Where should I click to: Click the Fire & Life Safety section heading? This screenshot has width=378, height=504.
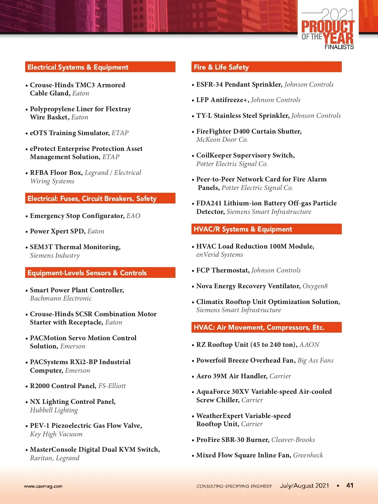(221, 67)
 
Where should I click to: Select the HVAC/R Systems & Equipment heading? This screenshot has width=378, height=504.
(243, 229)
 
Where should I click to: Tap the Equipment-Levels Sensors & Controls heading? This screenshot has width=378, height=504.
(87, 273)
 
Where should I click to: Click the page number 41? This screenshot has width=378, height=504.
(350, 485)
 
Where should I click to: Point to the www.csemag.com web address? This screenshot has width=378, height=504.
(43, 486)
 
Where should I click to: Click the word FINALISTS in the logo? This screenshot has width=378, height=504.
(339, 47)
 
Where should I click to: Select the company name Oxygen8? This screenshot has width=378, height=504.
(315, 286)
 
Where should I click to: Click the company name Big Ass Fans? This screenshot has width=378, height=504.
(315, 360)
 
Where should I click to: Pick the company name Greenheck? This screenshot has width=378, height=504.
(308, 455)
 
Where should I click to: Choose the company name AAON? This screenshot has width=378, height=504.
(309, 345)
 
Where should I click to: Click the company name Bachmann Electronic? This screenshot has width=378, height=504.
(61, 298)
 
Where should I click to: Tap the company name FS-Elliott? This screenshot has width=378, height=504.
(112, 386)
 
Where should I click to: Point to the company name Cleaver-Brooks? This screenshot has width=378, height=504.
(293, 440)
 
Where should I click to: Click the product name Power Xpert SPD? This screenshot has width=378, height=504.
(57, 231)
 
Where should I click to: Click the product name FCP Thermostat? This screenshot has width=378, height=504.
(222, 270)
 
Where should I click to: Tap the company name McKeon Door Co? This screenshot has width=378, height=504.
(222, 140)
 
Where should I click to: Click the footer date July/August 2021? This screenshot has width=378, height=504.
(304, 486)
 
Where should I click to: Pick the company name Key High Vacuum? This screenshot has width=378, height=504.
(56, 434)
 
